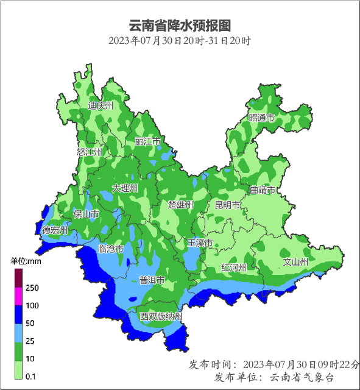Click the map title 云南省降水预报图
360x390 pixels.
click(180, 26)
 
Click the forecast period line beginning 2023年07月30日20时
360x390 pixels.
click(180, 41)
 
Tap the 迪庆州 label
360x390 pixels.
click(101, 105)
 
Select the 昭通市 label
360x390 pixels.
click(261, 118)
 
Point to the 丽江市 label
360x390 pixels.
click(147, 141)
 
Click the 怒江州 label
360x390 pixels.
click(89, 152)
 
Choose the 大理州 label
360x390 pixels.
click(125, 188)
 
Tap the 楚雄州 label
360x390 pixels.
click(181, 205)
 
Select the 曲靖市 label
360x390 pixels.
click(263, 190)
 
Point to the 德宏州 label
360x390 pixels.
click(55, 230)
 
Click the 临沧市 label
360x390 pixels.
click(111, 249)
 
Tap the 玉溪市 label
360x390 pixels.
click(199, 243)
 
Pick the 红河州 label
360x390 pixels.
click(234, 268)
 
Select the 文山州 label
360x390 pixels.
click(296, 262)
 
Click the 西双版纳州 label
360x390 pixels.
click(161, 317)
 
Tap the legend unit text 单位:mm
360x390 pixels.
click(26, 261)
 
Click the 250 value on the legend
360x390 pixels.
click(32, 288)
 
